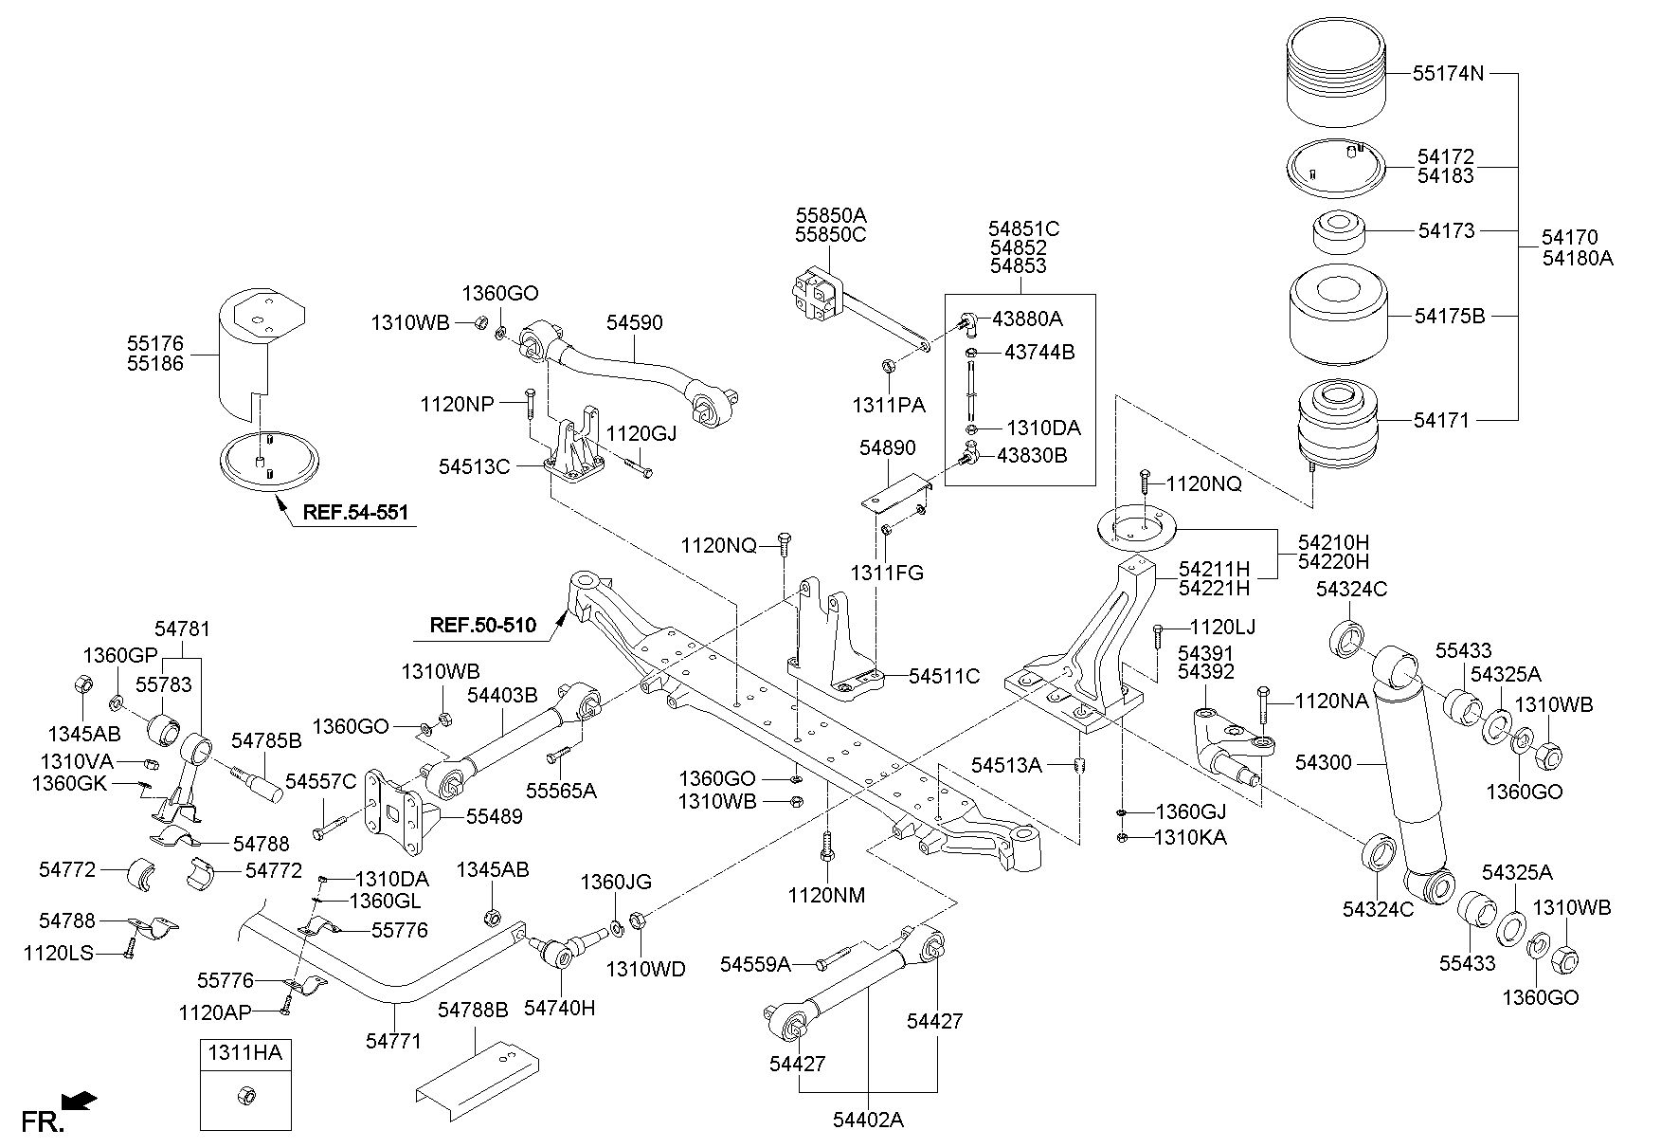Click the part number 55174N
1448,72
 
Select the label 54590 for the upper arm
635,322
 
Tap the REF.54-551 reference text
355,513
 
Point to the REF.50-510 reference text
483,625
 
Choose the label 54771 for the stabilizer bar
393,1041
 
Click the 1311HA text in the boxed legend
245,1051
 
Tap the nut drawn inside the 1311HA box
244,1096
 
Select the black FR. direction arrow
79,1101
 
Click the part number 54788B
473,1011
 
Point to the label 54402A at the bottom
868,1120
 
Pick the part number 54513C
475,465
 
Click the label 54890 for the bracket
888,447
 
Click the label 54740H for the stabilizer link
560,1008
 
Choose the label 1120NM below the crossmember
826,895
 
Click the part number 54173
1447,230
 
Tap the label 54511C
944,676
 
